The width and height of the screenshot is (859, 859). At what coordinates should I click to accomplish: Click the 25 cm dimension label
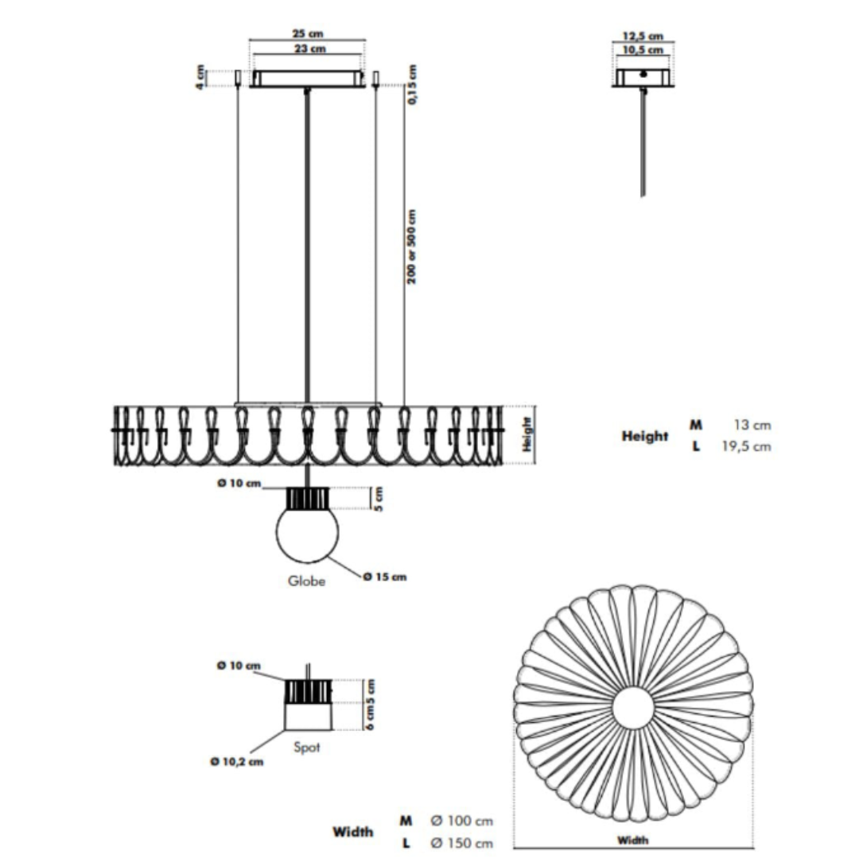pos(307,33)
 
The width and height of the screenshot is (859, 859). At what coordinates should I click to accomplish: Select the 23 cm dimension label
pos(310,49)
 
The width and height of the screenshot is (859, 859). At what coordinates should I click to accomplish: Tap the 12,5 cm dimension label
pos(643,36)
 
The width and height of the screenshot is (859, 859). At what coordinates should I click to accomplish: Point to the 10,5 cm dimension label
pos(643,50)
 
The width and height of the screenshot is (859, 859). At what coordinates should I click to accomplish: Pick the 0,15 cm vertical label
pos(413,84)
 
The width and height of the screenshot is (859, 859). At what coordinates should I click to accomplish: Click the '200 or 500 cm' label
pos(412,247)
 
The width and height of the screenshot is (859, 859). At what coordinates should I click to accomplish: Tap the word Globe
pos(307,581)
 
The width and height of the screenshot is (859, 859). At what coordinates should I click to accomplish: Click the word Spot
pos(307,747)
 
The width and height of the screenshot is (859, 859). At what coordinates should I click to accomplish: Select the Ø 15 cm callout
pos(386,577)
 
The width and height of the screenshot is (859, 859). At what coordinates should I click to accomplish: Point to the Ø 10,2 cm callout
pos(237,762)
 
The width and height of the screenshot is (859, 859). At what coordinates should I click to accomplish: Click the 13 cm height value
pos(752,425)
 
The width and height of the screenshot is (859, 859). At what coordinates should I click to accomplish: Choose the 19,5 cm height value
pos(746,446)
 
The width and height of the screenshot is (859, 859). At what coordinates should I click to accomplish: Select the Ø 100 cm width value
pos(462,821)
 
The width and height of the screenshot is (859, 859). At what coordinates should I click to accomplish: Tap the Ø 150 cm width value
pos(462,843)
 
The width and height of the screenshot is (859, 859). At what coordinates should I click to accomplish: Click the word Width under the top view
pos(633,840)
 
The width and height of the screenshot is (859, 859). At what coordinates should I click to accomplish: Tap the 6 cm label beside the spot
pos(371,717)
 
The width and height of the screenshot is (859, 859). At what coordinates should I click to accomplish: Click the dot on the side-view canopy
pos(643,74)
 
